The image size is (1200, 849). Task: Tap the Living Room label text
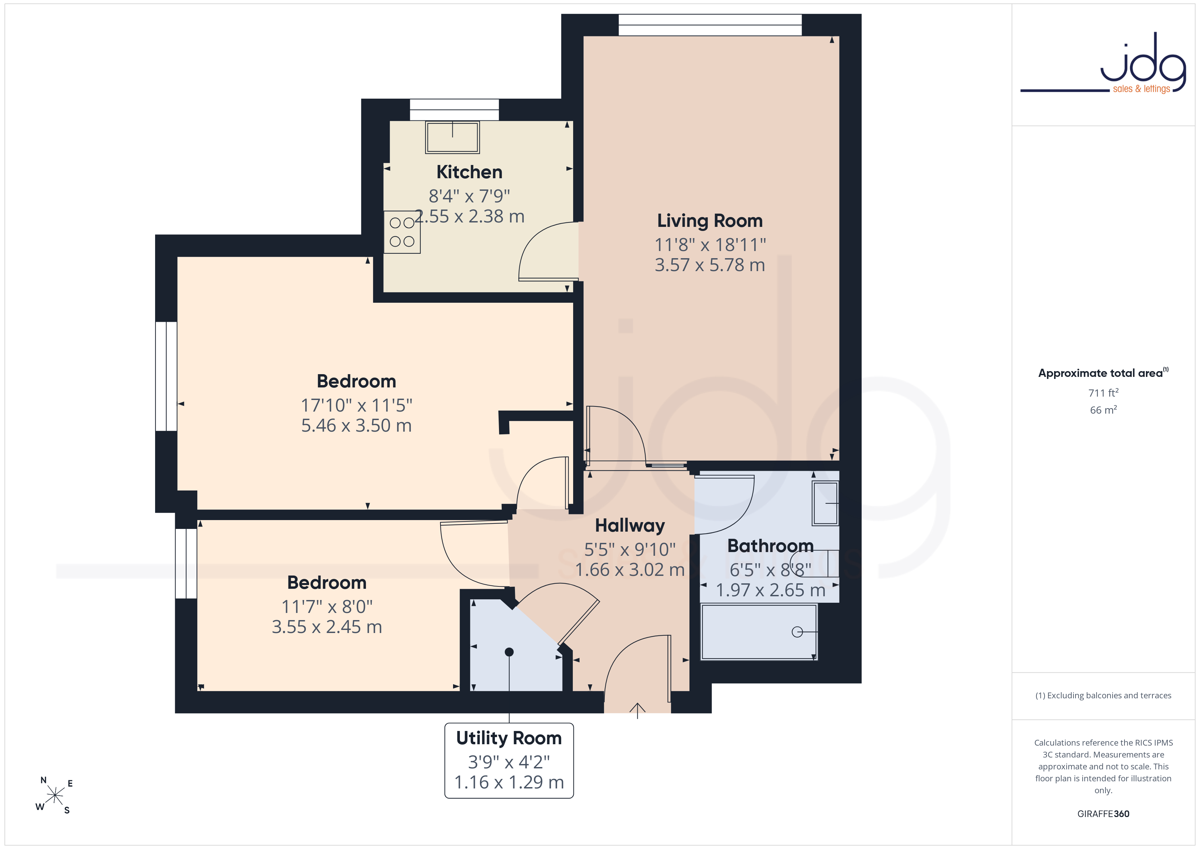tap(710, 221)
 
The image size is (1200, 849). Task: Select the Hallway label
tap(630, 526)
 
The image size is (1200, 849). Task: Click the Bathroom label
tap(770, 546)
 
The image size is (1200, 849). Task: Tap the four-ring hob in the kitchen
tap(402, 232)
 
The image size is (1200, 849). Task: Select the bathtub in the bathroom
tap(759, 632)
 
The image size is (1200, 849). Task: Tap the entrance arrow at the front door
tap(637, 711)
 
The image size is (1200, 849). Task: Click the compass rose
tap(54, 795)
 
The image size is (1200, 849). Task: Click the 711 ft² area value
tap(1103, 393)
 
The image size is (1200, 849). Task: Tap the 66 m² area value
tap(1103, 410)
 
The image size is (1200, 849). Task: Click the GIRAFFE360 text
tap(1103, 813)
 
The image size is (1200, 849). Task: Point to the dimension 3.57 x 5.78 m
tap(710, 265)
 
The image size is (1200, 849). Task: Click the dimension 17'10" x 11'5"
tap(356, 405)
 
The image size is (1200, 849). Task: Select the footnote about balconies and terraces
tap(1103, 695)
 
